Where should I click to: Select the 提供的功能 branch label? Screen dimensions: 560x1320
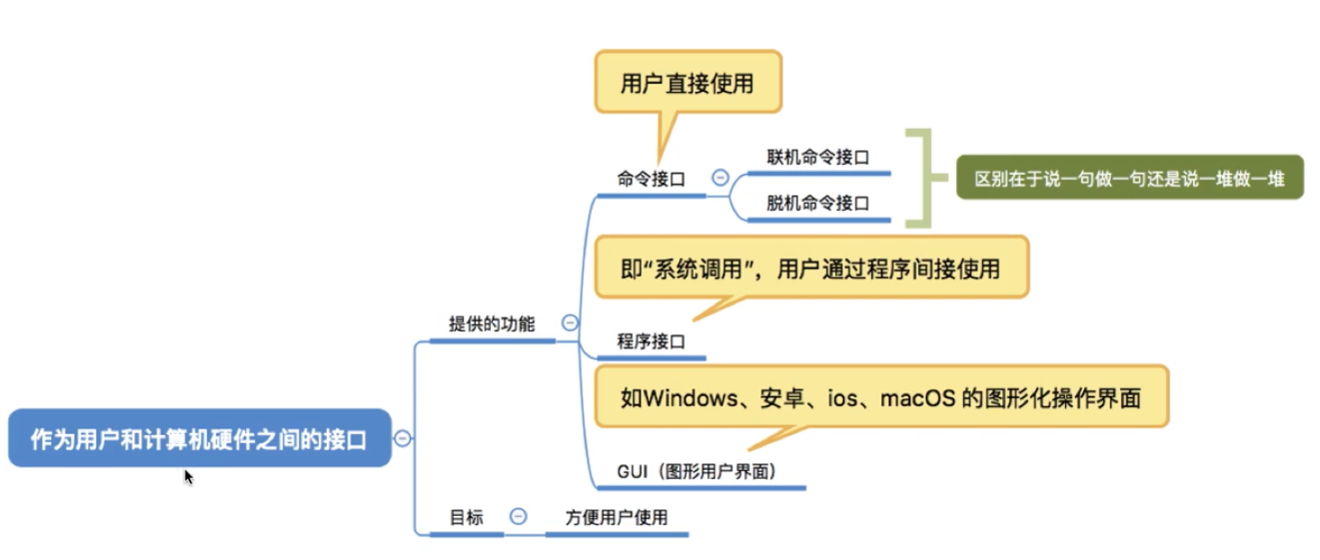tap(491, 324)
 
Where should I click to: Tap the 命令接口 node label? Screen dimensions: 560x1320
tap(651, 179)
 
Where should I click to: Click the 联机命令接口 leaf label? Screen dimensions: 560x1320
tap(817, 156)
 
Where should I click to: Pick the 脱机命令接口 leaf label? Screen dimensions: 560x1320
tap(817, 203)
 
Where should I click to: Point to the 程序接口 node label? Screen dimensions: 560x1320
tap(651, 341)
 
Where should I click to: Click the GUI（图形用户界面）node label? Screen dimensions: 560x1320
tap(696, 471)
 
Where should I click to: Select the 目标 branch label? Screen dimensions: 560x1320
tap(467, 518)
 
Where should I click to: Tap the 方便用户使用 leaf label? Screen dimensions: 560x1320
tap(616, 518)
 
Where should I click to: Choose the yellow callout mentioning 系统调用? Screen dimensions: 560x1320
tap(810, 268)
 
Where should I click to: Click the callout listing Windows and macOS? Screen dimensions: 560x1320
tap(880, 397)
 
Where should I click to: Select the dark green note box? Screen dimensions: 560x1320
tap(1129, 178)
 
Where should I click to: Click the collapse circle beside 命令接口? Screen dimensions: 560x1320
tap(720, 178)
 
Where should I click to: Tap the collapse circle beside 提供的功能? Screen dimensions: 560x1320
tap(569, 323)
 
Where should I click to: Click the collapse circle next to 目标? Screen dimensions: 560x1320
tap(518, 517)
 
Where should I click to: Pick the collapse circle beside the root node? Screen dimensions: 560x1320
tap(403, 438)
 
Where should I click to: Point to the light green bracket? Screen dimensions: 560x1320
tap(919, 178)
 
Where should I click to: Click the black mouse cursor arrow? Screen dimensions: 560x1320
tap(188, 477)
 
